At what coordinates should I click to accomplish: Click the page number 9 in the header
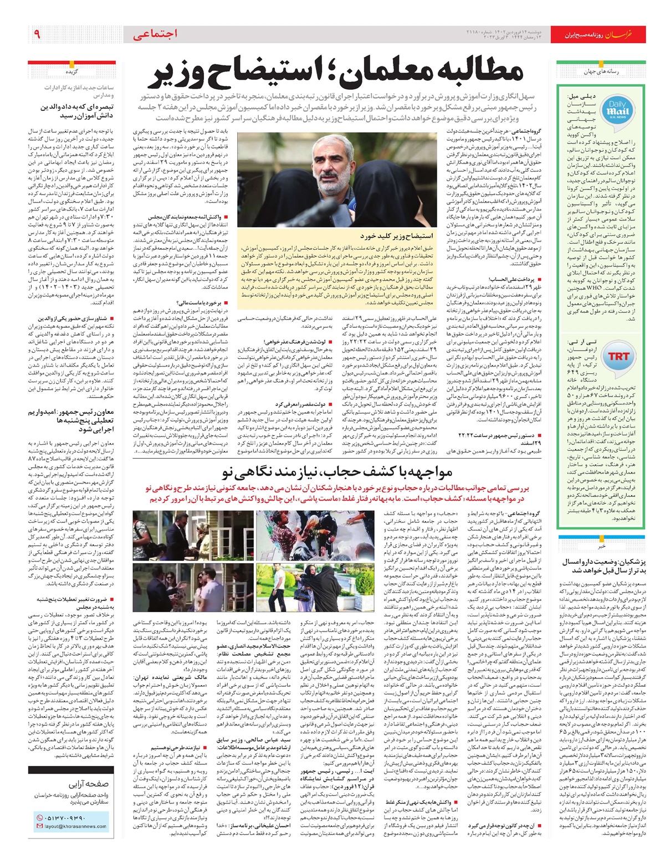click(37, 34)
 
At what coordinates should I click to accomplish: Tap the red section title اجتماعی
click(155, 34)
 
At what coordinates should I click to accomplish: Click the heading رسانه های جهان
click(601, 72)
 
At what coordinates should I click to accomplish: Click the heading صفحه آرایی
click(89, 784)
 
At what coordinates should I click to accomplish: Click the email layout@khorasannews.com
click(75, 826)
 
